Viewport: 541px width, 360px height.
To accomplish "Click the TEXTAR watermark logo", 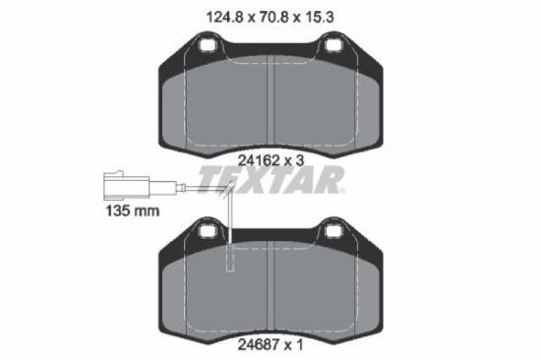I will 270,181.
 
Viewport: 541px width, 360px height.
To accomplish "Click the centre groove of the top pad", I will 270,98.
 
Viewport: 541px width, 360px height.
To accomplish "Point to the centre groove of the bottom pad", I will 270,285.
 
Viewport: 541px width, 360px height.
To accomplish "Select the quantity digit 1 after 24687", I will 297,344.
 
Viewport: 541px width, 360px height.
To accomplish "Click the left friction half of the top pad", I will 216,103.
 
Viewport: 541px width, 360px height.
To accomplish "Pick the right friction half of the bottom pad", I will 325,290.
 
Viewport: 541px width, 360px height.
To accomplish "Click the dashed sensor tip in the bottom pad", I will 232,261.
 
